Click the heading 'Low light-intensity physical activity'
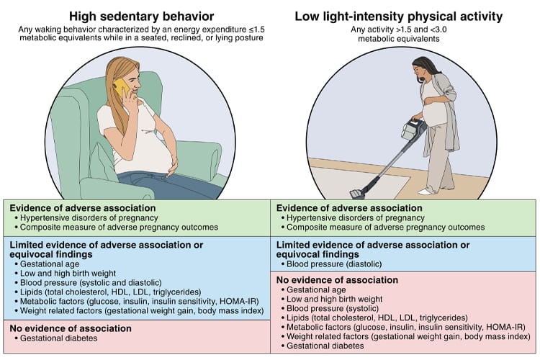click(405, 16)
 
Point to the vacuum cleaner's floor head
click(357, 193)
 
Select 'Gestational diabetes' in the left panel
click(54, 338)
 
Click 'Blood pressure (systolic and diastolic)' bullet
click(91, 282)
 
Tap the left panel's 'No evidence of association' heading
click(71, 328)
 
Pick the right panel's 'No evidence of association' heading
click(338, 280)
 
